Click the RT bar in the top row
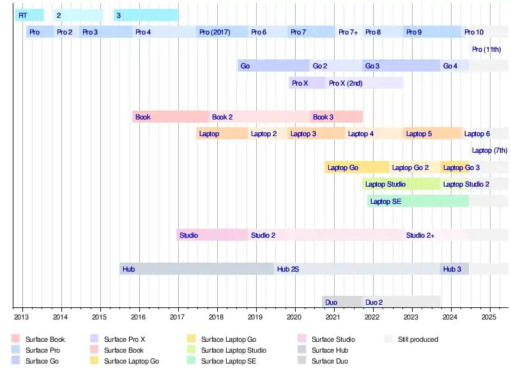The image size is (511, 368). point(29,15)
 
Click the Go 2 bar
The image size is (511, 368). point(336,66)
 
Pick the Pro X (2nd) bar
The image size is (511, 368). point(364,83)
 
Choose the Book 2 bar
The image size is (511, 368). point(259,117)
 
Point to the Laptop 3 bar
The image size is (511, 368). point(316,134)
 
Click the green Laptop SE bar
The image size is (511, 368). point(418,201)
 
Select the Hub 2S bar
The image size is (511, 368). point(357,269)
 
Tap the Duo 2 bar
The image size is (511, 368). point(401,302)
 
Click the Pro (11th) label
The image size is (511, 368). point(486,49)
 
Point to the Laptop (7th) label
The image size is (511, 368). point(489,151)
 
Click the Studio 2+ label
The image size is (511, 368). point(420,235)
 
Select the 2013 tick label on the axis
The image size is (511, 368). point(21,317)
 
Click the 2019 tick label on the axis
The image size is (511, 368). point(255,317)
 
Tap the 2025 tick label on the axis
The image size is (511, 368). point(489,317)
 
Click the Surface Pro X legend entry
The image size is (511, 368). point(125,339)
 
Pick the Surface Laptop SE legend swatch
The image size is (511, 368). point(191,361)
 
